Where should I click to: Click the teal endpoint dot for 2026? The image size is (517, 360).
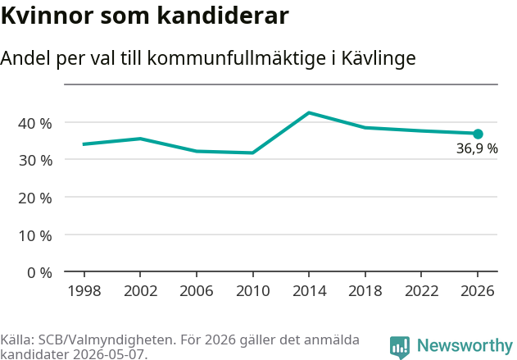[478, 134]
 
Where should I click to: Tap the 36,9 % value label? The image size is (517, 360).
[477, 148]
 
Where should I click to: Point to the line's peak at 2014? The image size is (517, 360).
[309, 113]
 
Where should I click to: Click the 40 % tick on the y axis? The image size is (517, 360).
[35, 123]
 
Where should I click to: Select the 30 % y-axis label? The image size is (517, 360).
[35, 161]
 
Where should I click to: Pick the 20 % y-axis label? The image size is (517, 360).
[35, 198]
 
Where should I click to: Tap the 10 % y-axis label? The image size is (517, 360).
[35, 235]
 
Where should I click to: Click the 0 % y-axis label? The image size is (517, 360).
[39, 273]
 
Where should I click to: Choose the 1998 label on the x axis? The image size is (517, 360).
[84, 291]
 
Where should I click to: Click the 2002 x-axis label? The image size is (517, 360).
[140, 291]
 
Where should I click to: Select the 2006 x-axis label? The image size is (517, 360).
[197, 291]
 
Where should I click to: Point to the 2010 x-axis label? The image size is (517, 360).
[253, 291]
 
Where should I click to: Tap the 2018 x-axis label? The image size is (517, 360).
[365, 291]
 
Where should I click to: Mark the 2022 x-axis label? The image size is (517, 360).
[421, 291]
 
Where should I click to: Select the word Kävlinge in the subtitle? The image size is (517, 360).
[379, 58]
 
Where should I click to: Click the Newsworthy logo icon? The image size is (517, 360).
[400, 348]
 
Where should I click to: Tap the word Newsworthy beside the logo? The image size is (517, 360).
[465, 345]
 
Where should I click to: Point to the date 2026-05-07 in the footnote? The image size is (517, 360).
[108, 354]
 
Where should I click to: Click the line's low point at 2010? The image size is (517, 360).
[253, 153]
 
